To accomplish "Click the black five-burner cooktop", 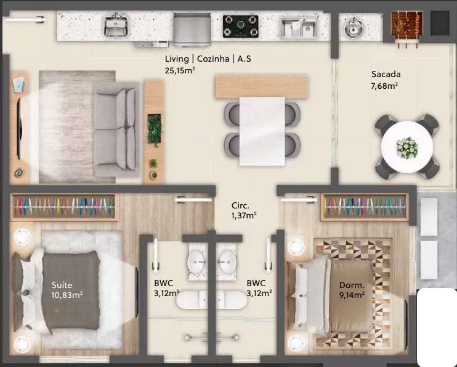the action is [x=241, y=27].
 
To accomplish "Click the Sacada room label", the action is [x=386, y=74].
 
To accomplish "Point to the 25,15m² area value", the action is [x=180, y=71].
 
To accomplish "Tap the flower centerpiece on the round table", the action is [x=407, y=148].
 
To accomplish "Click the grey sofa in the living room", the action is [x=116, y=130].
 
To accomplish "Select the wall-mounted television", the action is [x=19, y=128].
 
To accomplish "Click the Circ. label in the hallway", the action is [x=240, y=205].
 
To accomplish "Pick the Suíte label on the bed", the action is [x=62, y=285].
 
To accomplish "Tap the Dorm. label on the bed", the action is [x=352, y=285].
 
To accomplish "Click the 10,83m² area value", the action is [x=67, y=295].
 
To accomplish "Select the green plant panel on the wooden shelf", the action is [x=154, y=130].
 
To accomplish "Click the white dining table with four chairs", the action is [x=262, y=131].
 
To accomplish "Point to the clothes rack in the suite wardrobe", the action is [x=63, y=207].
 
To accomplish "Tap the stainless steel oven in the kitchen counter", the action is [x=192, y=30].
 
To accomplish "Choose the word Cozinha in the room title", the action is [x=213, y=59].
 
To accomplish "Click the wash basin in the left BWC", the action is [x=198, y=262].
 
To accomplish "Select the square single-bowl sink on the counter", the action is [x=116, y=26].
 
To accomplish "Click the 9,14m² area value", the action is [x=352, y=295].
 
